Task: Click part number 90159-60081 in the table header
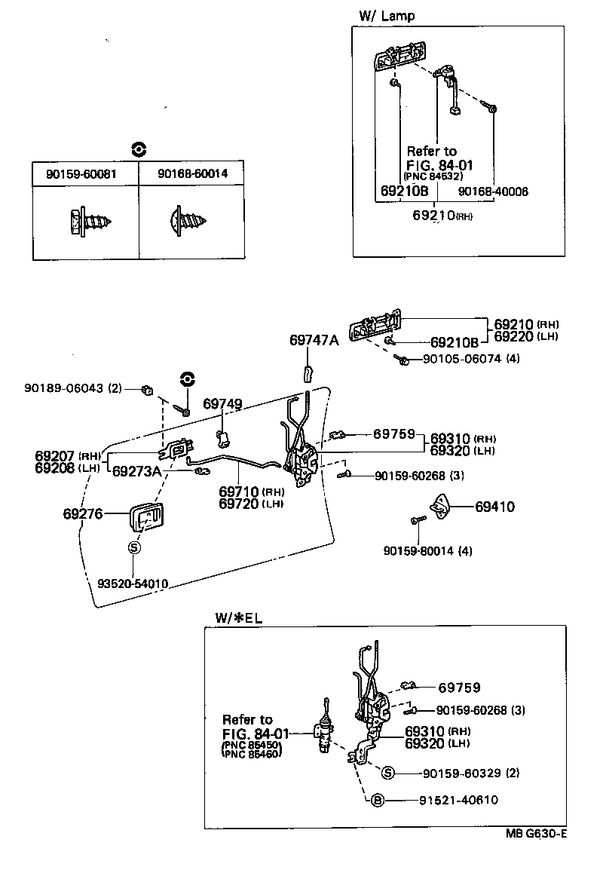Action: tap(84, 174)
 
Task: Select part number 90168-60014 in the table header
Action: tap(192, 174)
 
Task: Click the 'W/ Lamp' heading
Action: tap(387, 16)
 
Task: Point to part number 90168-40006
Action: tap(493, 191)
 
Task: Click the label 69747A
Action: tap(314, 340)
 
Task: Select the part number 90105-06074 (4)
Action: tap(471, 359)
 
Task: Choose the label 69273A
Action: tap(137, 472)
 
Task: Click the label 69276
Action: tap(83, 513)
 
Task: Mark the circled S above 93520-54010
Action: tap(133, 548)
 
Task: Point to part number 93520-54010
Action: tap(133, 583)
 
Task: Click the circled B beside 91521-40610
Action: tap(378, 801)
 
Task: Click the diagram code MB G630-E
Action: tap(536, 834)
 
